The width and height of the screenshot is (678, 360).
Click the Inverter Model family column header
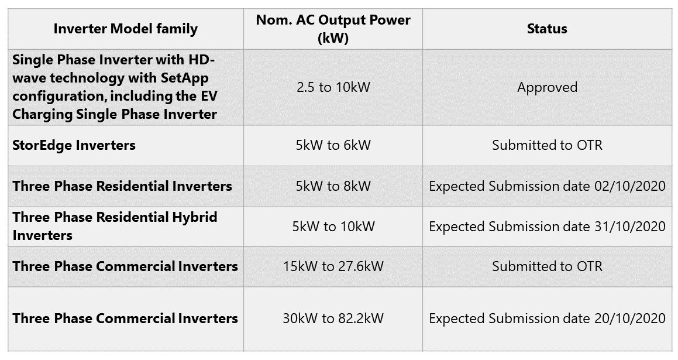click(x=125, y=29)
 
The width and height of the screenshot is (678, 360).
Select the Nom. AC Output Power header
click(x=333, y=29)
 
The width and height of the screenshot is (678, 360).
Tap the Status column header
click(x=547, y=29)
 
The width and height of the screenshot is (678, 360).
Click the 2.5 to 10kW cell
click(x=333, y=87)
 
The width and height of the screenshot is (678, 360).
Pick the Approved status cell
click(x=547, y=87)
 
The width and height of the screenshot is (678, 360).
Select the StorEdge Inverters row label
click(x=74, y=145)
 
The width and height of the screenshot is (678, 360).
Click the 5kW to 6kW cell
click(x=333, y=145)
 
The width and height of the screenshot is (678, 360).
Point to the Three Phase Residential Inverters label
click(x=122, y=186)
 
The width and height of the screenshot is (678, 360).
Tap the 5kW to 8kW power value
click(x=333, y=186)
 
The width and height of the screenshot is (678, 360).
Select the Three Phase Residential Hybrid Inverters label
click(x=115, y=226)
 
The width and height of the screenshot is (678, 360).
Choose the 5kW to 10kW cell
click(x=333, y=226)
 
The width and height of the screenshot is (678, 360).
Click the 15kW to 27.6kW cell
click(x=333, y=266)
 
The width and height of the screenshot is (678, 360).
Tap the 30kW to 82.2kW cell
click(x=333, y=318)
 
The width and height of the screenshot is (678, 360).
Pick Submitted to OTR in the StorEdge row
click(x=547, y=145)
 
